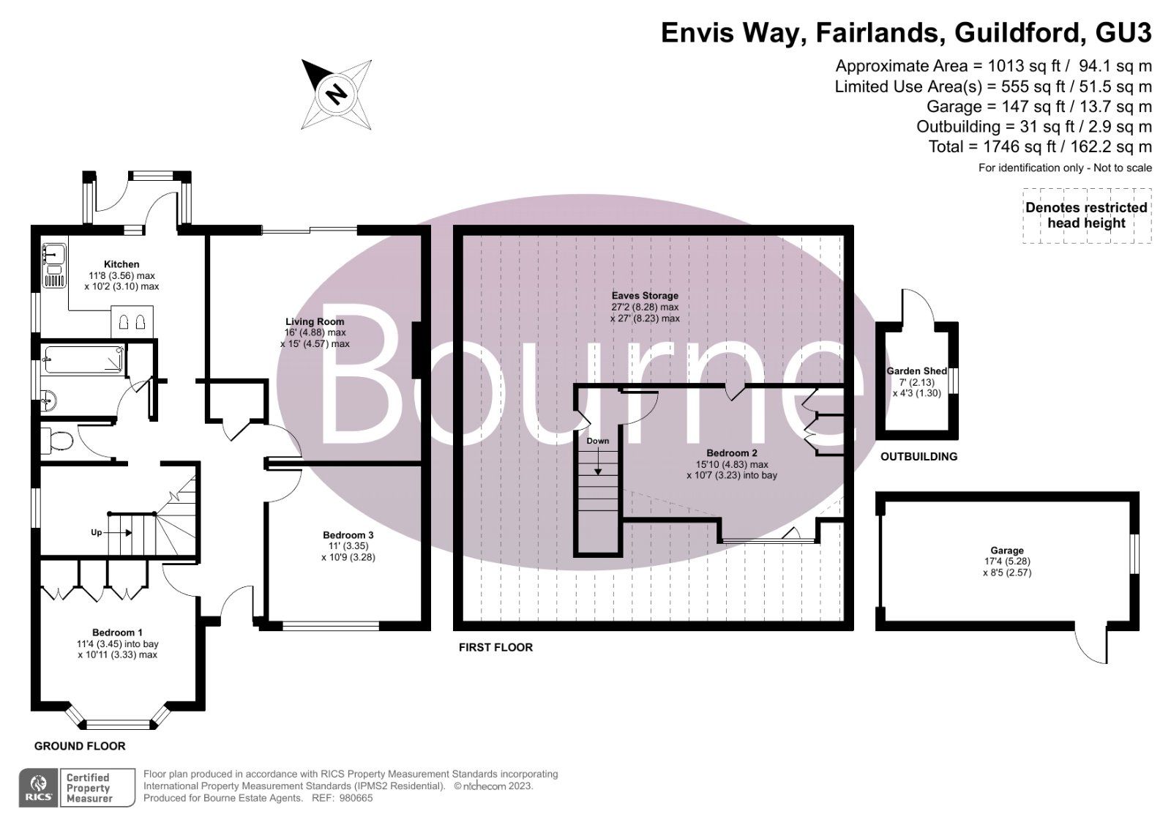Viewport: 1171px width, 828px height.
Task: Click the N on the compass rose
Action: click(337, 94)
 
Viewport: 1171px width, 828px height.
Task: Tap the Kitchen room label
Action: click(121, 264)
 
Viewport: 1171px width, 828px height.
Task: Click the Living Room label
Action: click(315, 321)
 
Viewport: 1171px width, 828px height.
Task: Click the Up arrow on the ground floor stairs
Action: click(96, 532)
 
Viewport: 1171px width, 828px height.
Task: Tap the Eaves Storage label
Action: click(645, 296)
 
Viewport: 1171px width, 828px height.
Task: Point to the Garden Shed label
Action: click(917, 371)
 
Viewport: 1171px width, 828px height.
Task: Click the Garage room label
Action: click(1007, 551)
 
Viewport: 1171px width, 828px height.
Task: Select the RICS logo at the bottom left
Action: click(37, 788)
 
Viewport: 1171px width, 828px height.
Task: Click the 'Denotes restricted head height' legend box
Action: click(1086, 215)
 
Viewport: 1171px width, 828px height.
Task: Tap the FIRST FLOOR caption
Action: click(495, 647)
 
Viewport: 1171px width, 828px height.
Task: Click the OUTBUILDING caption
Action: click(919, 457)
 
